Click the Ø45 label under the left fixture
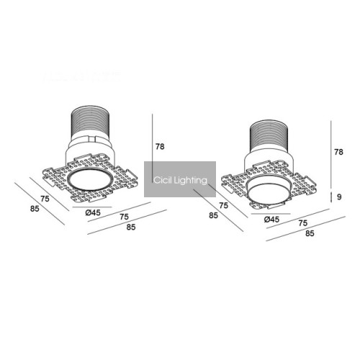tap(93, 212)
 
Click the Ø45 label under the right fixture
tap(271, 219)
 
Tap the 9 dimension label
tap(339, 197)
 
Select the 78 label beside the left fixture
tap(160, 146)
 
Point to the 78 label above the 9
tap(338, 152)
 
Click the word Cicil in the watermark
tap(162, 180)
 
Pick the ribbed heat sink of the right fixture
tap(269, 135)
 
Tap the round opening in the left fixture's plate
tap(89, 180)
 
